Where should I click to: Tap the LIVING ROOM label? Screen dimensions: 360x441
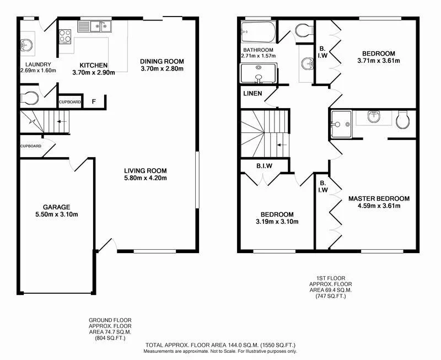click(x=145, y=170)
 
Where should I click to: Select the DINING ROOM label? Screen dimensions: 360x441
click(x=162, y=61)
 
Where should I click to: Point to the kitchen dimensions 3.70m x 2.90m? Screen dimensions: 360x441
click(x=93, y=73)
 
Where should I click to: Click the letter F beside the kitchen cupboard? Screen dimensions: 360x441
click(x=94, y=101)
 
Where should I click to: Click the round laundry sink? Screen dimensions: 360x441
click(x=26, y=46)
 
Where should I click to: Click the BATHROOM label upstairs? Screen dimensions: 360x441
click(x=257, y=50)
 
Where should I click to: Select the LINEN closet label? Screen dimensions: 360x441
click(x=252, y=93)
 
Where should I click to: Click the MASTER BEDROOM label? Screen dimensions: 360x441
click(x=379, y=198)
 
